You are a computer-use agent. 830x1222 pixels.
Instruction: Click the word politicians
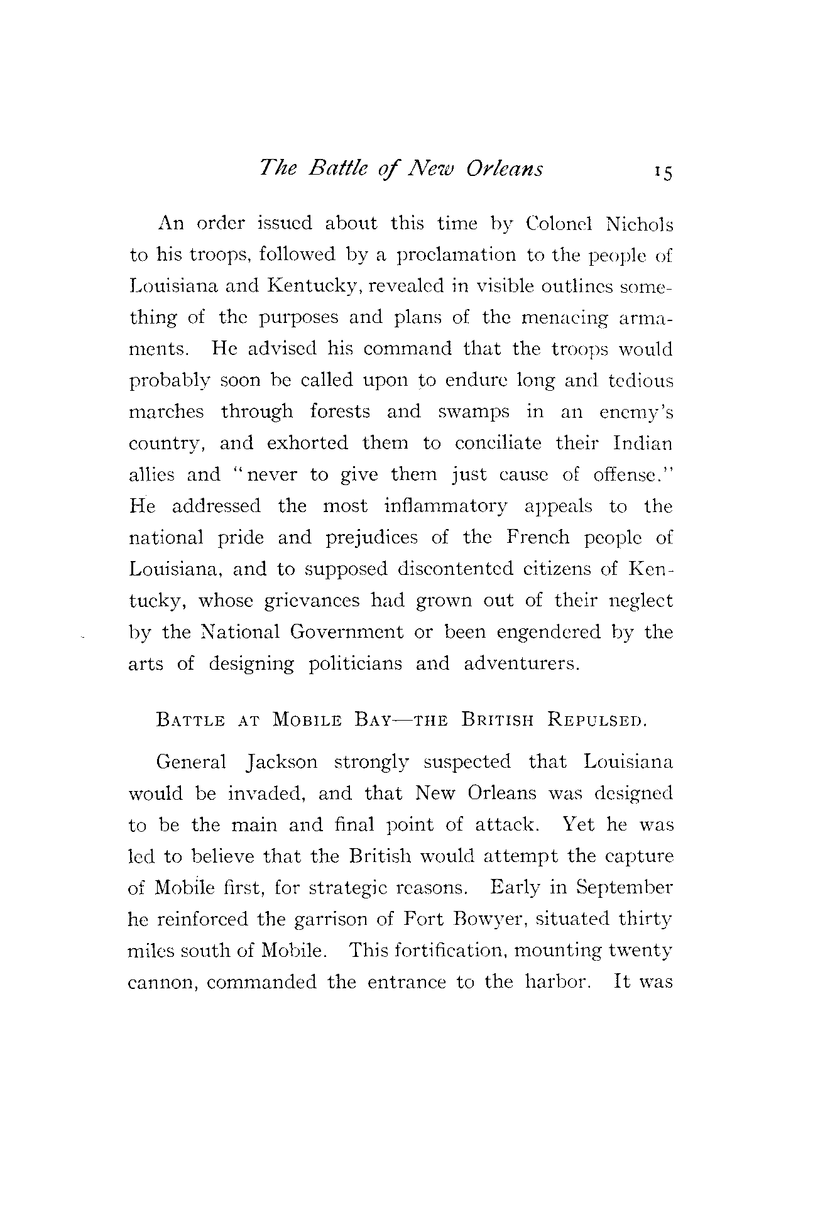pos(355,663)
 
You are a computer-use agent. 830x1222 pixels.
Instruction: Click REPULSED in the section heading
pos(597,719)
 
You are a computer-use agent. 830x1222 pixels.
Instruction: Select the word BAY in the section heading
pos(365,719)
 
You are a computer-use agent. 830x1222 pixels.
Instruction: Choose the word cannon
pos(163,983)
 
